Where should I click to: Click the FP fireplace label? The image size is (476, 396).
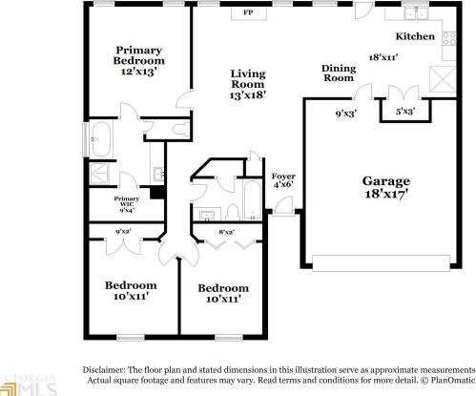[248, 13]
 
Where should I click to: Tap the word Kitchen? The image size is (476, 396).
[415, 36]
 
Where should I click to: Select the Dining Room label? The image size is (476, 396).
[340, 73]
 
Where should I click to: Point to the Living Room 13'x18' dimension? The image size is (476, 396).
[247, 94]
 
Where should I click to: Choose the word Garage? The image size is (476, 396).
[386, 180]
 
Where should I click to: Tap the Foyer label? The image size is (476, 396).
[283, 177]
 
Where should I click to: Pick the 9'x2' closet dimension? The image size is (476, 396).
[123, 231]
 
